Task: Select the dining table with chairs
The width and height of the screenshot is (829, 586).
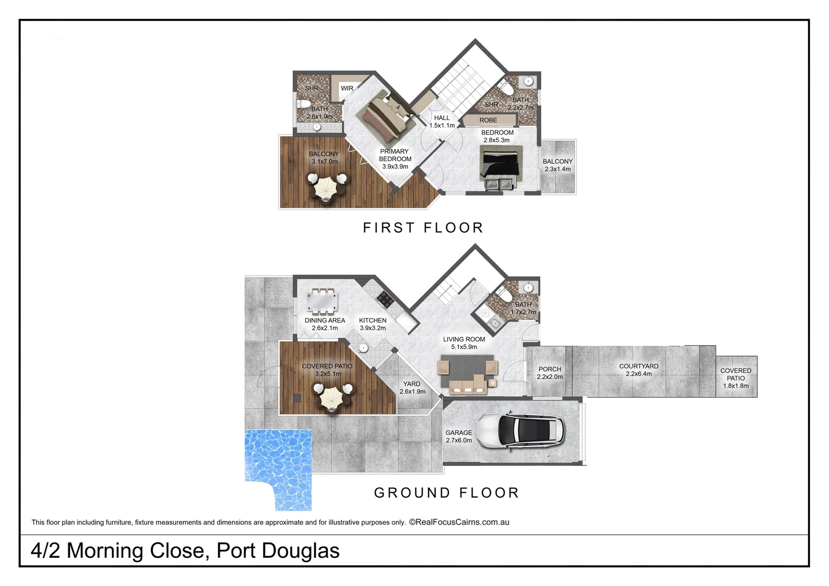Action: coord(322,301)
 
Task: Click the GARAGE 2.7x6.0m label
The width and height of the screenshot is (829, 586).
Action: coord(458,437)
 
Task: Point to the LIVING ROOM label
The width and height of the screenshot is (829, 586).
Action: coord(464,343)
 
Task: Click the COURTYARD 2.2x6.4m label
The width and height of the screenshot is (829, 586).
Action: coord(639,370)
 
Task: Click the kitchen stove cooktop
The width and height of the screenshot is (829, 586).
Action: coord(385,299)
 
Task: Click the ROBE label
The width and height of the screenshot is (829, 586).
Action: coord(488,120)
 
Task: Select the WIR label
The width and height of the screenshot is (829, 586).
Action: coord(347,88)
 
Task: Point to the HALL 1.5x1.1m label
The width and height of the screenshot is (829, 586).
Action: coord(442,122)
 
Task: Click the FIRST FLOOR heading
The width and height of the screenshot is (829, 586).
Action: coord(423,228)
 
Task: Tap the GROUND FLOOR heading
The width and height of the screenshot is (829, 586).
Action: coord(447,493)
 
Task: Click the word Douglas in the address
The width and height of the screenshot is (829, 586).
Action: coord(301,551)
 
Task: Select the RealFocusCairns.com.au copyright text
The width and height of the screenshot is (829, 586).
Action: coord(459,523)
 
